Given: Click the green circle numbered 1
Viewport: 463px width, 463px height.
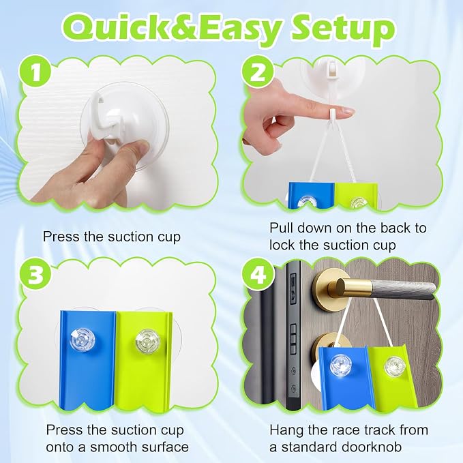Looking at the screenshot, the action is [35, 72].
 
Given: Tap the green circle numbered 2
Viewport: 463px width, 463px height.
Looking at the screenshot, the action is [258, 72].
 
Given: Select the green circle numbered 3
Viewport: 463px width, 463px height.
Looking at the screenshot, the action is [35, 275].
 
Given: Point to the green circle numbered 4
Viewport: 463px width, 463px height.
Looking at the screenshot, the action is [258, 275].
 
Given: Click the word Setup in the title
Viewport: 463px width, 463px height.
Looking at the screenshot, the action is [343, 29].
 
